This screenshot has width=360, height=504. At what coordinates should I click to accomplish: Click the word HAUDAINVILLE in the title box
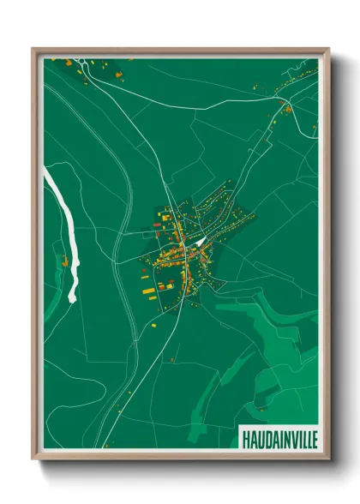[279, 438]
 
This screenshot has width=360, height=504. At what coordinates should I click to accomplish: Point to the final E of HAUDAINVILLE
[313, 438]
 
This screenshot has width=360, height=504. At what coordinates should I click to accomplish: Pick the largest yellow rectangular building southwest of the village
[149, 292]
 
